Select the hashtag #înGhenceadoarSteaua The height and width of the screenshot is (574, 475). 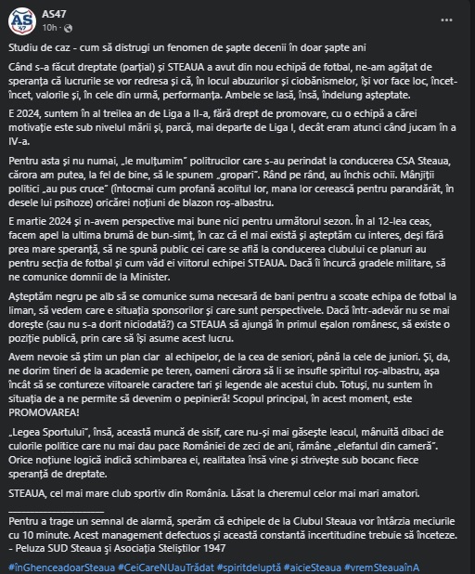coord(53,566)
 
